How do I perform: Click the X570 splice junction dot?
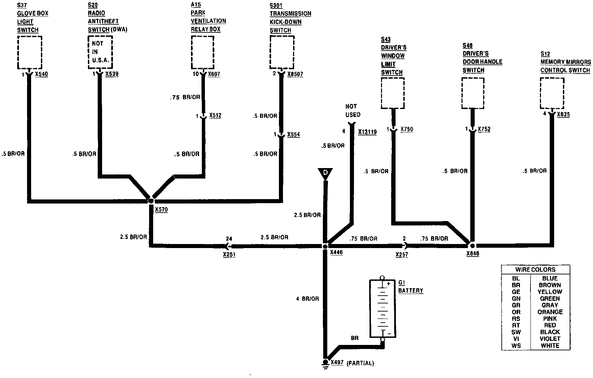pyautogui.click(x=151, y=201)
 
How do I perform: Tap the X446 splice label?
pyautogui.click(x=336, y=252)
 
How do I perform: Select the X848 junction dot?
pyautogui.click(x=472, y=246)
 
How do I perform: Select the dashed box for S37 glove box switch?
pyautogui.click(x=29, y=53)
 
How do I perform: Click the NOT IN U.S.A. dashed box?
pyautogui.click(x=100, y=53)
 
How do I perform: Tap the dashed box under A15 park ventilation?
pyautogui.click(x=203, y=53)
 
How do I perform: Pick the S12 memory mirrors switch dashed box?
pyautogui.click(x=552, y=93)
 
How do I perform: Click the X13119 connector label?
pyautogui.click(x=367, y=132)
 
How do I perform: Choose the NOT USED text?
pyautogui.click(x=353, y=110)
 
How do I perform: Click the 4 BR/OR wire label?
pyautogui.click(x=307, y=299)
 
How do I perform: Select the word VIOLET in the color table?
pyautogui.click(x=550, y=339)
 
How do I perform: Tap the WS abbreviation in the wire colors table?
pyautogui.click(x=516, y=345)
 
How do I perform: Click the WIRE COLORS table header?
pyautogui.click(x=535, y=269)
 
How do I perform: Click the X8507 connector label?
pyautogui.click(x=295, y=74)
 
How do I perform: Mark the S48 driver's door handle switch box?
pyautogui.click(x=473, y=93)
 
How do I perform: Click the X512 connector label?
pyautogui.click(x=215, y=115)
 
